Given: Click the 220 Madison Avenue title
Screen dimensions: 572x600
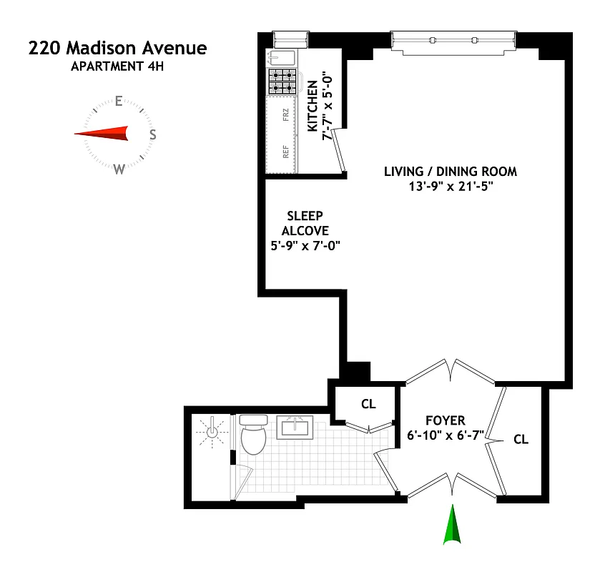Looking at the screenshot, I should (117, 49).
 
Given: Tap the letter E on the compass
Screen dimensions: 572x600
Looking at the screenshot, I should (119, 101).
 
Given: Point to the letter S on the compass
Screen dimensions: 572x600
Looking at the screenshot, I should (152, 134).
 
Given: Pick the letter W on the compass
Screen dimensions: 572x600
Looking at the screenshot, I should (119, 169).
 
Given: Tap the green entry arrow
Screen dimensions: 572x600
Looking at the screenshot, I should (452, 526).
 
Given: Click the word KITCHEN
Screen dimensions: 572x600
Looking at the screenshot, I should (313, 106).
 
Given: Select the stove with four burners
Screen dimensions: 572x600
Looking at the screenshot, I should (282, 82).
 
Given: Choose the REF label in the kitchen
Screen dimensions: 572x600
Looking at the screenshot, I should (286, 152).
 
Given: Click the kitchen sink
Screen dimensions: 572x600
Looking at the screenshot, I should (277, 58).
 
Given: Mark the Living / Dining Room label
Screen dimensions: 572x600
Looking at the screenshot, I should (451, 172).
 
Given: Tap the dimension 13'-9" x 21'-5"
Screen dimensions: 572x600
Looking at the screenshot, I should (451, 187).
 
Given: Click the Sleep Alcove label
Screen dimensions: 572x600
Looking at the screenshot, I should (305, 223).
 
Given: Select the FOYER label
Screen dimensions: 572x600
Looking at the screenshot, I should (446, 420).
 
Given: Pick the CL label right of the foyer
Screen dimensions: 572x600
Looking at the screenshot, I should (521, 440).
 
